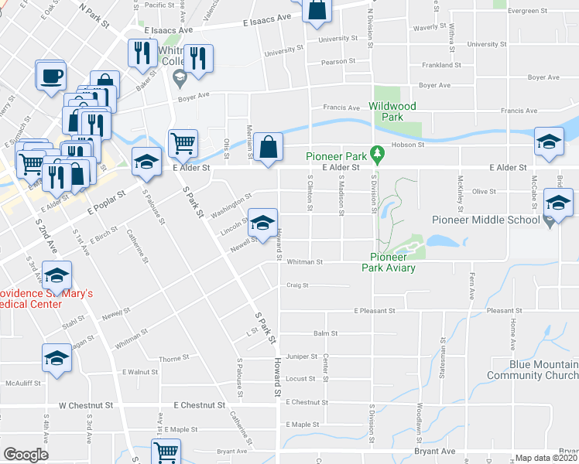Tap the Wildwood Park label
pos(392,111)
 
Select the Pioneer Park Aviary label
pos(392,262)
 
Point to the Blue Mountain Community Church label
pos(533,370)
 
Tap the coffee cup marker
pos(51,77)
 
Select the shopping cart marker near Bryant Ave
pos(166,452)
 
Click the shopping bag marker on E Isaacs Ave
pos(317,11)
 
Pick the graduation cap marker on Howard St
pos(262,222)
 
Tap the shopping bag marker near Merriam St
pos(268,147)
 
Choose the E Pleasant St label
pos(375,311)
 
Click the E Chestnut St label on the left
pos(199,404)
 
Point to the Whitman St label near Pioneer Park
pos(305,262)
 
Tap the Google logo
pos(26,455)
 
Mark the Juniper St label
pos(302,357)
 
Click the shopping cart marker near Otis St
pos(183,142)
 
